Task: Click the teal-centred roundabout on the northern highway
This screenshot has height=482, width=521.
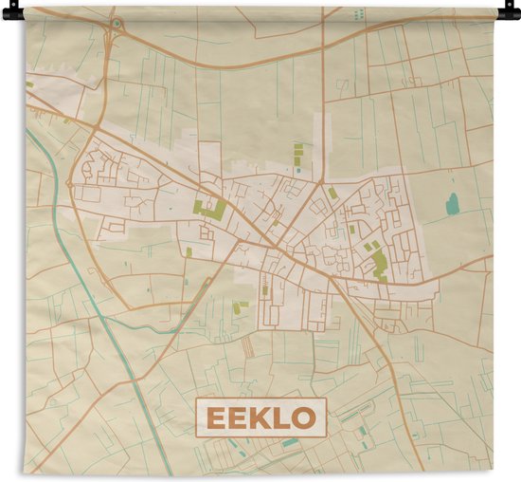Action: click(116, 22)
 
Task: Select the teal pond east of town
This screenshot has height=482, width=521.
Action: click(452, 203)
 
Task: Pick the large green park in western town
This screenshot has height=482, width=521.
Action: click(210, 209)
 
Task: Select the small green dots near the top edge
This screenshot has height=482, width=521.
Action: click(358, 14)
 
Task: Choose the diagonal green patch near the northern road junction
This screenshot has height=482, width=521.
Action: click(333, 193)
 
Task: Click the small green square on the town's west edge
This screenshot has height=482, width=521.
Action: click(189, 251)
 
